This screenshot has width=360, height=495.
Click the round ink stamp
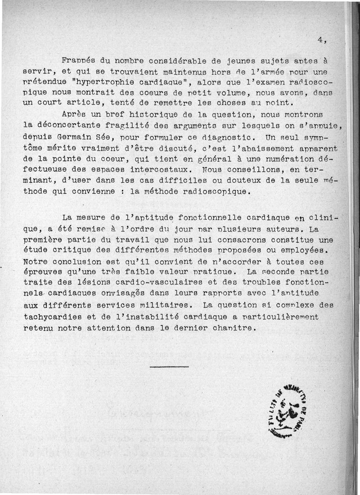click(x=286, y=411)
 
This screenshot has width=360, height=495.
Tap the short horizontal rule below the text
click(x=169, y=366)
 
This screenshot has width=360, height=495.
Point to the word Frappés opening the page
click(x=78, y=60)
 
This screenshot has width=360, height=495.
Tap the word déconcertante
click(x=72, y=125)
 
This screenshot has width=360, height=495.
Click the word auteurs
click(x=284, y=229)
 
